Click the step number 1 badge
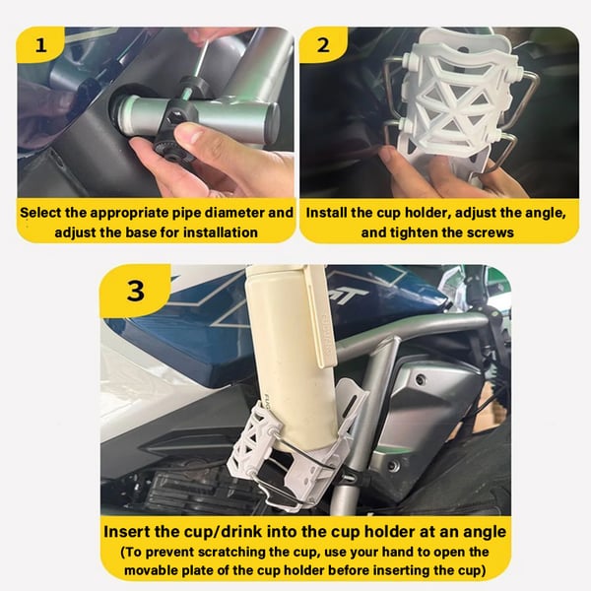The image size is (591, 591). pos(40,45)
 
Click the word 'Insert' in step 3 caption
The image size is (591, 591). pos(133,531)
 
